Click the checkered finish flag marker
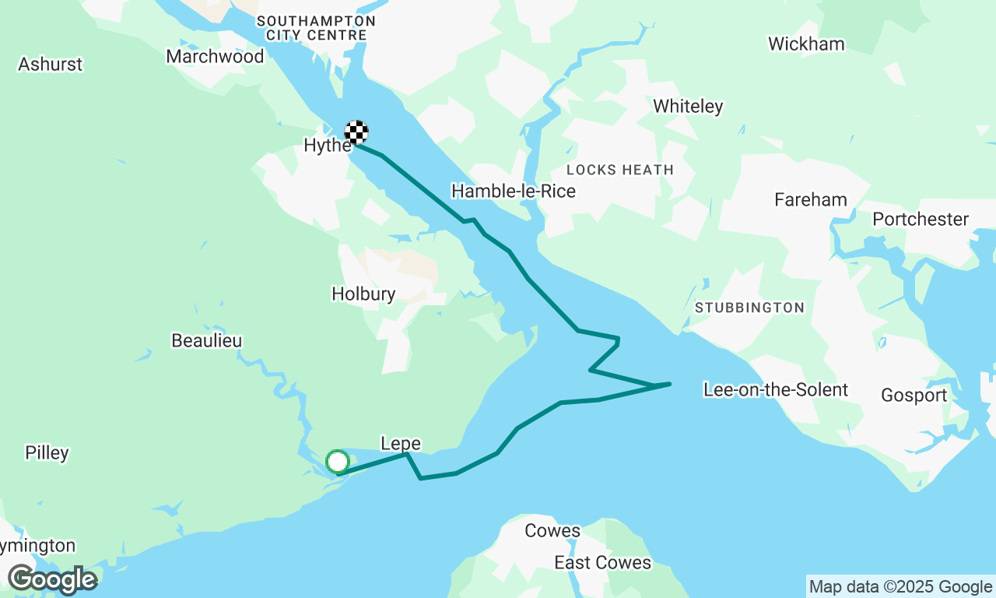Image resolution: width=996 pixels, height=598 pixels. click(356, 132)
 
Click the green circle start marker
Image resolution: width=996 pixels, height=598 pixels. click(337, 462)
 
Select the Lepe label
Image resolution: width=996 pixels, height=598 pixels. click(401, 444)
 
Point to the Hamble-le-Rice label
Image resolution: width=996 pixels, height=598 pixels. click(514, 192)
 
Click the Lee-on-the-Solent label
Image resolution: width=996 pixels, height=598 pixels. click(775, 389)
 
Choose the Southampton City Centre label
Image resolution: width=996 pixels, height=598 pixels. click(316, 28)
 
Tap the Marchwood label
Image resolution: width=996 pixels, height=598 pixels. click(216, 56)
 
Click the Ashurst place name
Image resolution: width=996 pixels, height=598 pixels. click(51, 64)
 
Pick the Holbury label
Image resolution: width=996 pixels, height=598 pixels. click(363, 294)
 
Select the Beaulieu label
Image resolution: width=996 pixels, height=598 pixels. click(207, 341)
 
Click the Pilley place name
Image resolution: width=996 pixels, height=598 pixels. click(47, 453)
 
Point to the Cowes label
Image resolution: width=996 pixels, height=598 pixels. click(552, 531)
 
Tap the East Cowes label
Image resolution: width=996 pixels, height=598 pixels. click(602, 562)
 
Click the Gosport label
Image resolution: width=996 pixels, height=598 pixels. click(914, 396)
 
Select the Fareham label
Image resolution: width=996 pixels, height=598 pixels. click(811, 200)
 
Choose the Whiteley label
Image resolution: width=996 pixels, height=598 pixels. click(688, 107)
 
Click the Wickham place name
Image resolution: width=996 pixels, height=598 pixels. click(806, 44)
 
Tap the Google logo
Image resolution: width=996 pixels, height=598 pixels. click(52, 579)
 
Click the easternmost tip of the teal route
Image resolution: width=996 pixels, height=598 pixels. click(670, 383)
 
